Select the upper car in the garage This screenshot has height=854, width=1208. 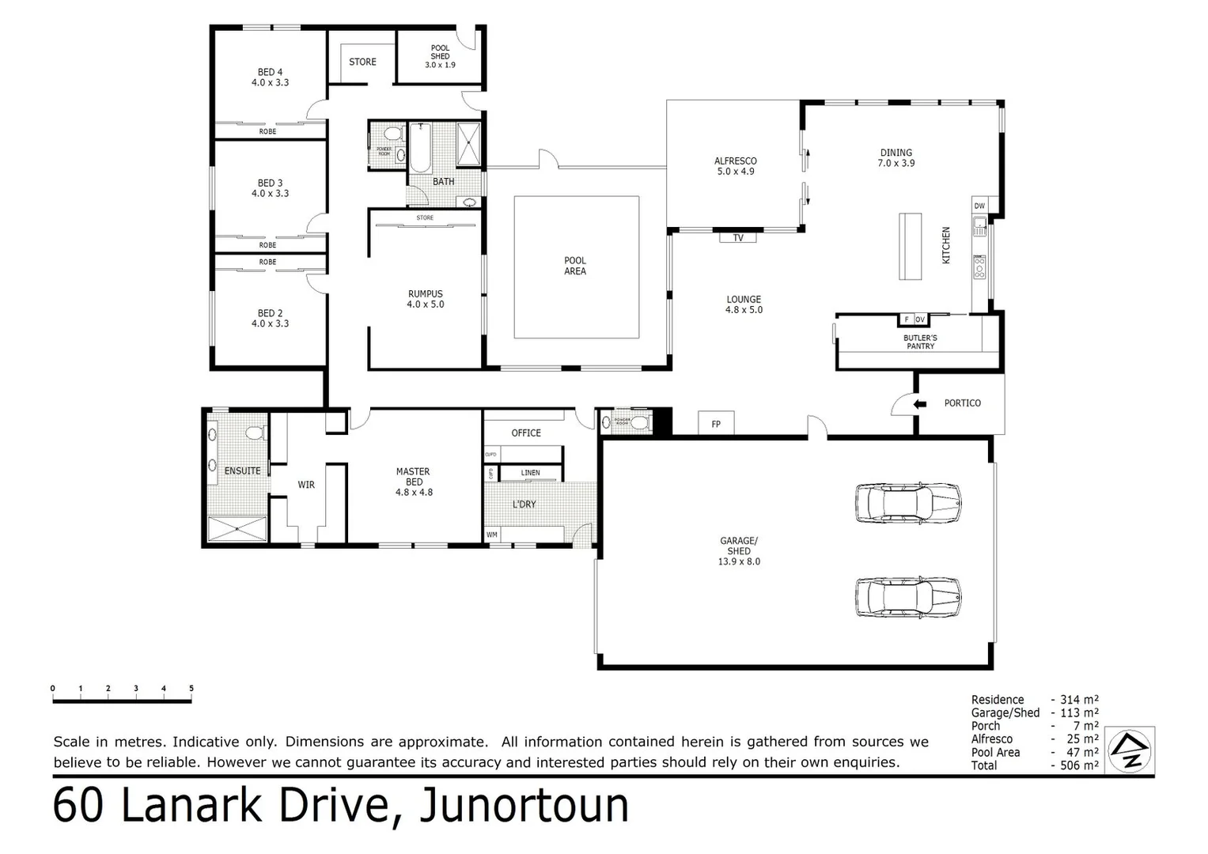coord(908,502)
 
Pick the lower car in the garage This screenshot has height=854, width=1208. coord(908,597)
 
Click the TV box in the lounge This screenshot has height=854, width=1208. coord(738,237)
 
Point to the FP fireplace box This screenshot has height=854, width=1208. coord(716,424)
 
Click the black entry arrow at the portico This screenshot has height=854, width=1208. coord(920,404)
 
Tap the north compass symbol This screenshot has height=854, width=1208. coord(1130,750)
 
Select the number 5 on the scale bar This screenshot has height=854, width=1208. coord(191,689)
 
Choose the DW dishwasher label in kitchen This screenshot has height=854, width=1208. coord(979,206)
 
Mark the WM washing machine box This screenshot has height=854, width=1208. coord(492,535)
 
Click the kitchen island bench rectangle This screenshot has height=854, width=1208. coord(911,246)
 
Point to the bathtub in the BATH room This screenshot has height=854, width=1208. coord(419,148)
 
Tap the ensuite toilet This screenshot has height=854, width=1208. coord(253,433)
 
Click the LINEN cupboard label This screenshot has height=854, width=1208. coord(530,473)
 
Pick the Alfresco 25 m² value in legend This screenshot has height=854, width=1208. coord(1081,739)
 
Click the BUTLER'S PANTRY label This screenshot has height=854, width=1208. coord(920,342)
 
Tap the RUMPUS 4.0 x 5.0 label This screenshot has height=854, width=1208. coord(426,299)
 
